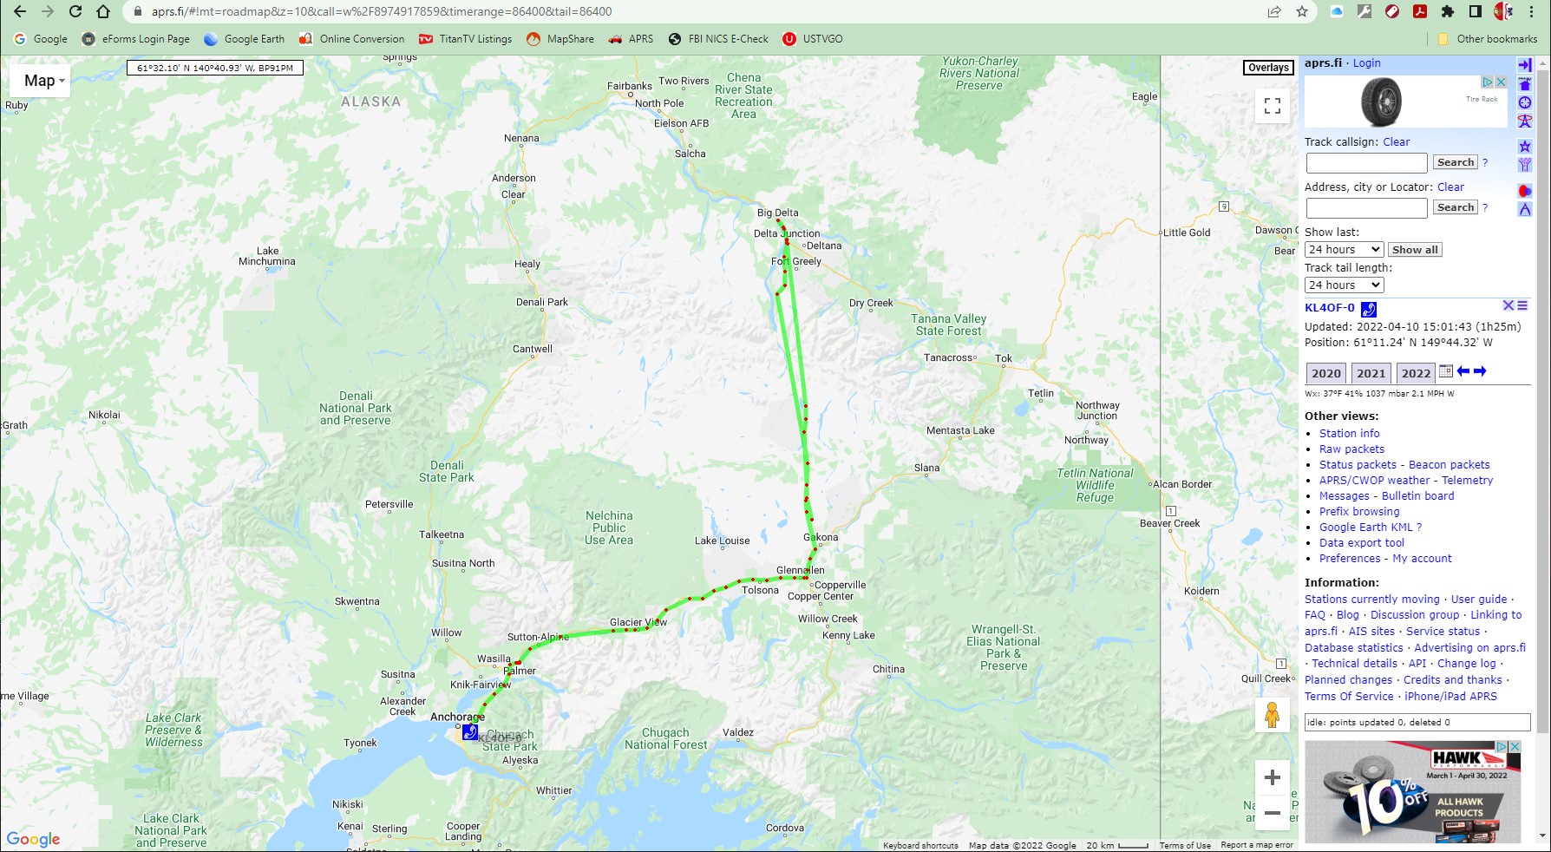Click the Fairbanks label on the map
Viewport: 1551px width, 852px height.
(x=629, y=86)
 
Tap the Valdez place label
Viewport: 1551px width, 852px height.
(x=737, y=732)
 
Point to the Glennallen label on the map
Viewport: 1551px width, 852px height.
(x=800, y=570)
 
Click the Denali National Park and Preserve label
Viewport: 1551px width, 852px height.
(x=356, y=408)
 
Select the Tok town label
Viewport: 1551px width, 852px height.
(x=1004, y=358)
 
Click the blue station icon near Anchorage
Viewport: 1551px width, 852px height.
(x=470, y=731)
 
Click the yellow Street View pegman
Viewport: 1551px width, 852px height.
(x=1272, y=715)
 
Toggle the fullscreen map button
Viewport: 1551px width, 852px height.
(x=1273, y=106)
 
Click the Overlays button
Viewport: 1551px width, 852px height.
(x=1268, y=68)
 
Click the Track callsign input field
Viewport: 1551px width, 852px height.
(x=1366, y=163)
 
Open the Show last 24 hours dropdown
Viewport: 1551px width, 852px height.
(x=1344, y=250)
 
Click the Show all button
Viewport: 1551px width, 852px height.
(x=1415, y=250)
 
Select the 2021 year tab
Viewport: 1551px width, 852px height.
(x=1371, y=373)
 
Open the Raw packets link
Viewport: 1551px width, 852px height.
(x=1351, y=449)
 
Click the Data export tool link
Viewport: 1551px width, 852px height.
(x=1361, y=543)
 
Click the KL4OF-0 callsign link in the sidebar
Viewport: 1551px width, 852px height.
(x=1329, y=308)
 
